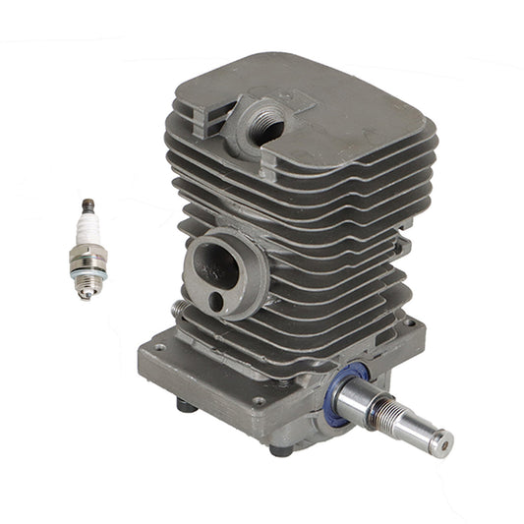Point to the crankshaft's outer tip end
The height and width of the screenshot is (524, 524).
[442, 437]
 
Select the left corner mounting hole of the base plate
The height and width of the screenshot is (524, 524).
[157, 348]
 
